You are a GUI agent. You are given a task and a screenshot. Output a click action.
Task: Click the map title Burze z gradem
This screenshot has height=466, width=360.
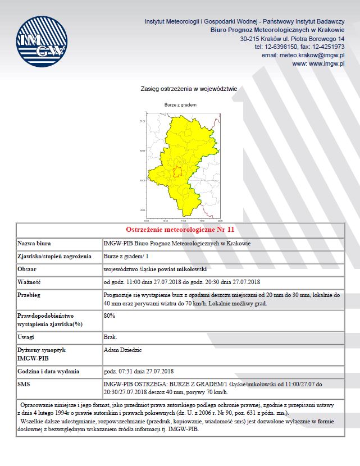coord(180,105)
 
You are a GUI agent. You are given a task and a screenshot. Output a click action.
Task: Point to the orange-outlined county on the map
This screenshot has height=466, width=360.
coord(177,172)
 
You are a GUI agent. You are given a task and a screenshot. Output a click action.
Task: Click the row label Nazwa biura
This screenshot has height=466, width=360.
coord(35,244)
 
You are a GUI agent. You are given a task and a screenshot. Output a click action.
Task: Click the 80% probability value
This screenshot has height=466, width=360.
coord(110,316)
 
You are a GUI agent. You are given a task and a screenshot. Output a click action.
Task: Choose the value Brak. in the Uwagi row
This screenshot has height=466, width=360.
coord(111,337)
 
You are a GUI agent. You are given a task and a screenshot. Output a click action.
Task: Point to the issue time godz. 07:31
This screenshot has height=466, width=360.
coord(119,372)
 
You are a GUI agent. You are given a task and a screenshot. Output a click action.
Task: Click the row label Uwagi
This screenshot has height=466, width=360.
coord(28,337)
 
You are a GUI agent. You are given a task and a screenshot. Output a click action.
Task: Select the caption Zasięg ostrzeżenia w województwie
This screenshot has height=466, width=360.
coord(189,89)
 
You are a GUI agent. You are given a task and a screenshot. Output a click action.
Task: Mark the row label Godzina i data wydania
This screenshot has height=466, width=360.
coord(48,372)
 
